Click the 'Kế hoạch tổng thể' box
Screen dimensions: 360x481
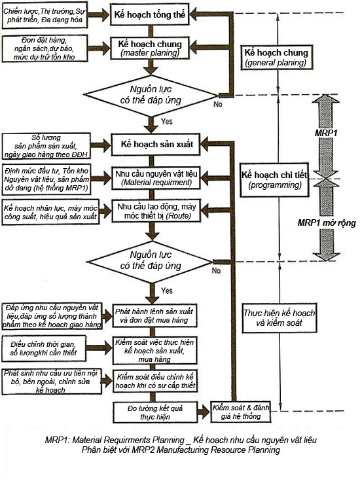pyautogui.click(x=149, y=14)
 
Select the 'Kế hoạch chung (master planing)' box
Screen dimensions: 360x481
pyautogui.click(x=149, y=48)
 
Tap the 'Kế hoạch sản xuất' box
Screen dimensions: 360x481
pyautogui.click(x=156, y=144)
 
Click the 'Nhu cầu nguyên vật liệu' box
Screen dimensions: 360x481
pyautogui.click(x=156, y=178)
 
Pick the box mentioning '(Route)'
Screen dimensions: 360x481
pyautogui.click(x=156, y=211)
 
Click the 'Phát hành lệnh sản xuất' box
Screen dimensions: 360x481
pyautogui.click(x=154, y=316)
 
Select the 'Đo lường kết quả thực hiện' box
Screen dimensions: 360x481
pyautogui.click(x=155, y=412)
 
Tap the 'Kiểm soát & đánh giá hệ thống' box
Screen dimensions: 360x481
pyautogui.click(x=241, y=412)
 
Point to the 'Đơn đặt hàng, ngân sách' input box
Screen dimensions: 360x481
pyautogui.click(x=45, y=48)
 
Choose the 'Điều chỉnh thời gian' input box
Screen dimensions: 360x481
pyautogui.click(x=44, y=348)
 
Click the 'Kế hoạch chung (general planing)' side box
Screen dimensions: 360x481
pyautogui.click(x=276, y=58)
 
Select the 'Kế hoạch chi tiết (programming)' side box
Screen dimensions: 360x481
pyautogui.click(x=274, y=180)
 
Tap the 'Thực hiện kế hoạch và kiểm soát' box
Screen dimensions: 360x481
pyautogui.click(x=279, y=318)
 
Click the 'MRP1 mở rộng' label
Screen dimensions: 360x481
pyautogui.click(x=327, y=223)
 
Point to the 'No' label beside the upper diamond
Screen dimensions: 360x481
pyautogui.click(x=217, y=104)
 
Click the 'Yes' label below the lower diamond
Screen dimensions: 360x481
pyautogui.click(x=167, y=291)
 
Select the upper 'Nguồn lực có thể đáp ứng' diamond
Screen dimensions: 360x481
pyautogui.click(x=151, y=96)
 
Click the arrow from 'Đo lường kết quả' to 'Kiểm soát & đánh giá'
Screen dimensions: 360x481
pyautogui.click(x=204, y=412)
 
